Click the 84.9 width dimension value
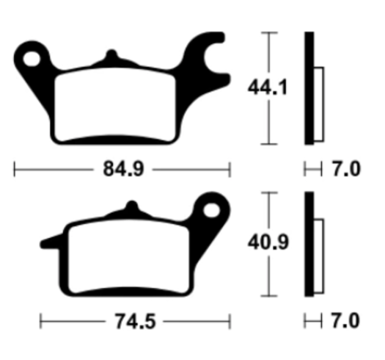click(x=123, y=169)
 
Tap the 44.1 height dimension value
click(x=267, y=88)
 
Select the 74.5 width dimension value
click(x=135, y=322)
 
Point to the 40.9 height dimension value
click(x=268, y=242)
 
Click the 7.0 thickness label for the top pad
click(x=346, y=169)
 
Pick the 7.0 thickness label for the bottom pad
click(x=346, y=321)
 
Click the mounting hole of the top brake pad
click(x=32, y=59)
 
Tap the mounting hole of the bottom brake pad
click(x=211, y=210)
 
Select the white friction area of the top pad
click(x=115, y=105)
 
